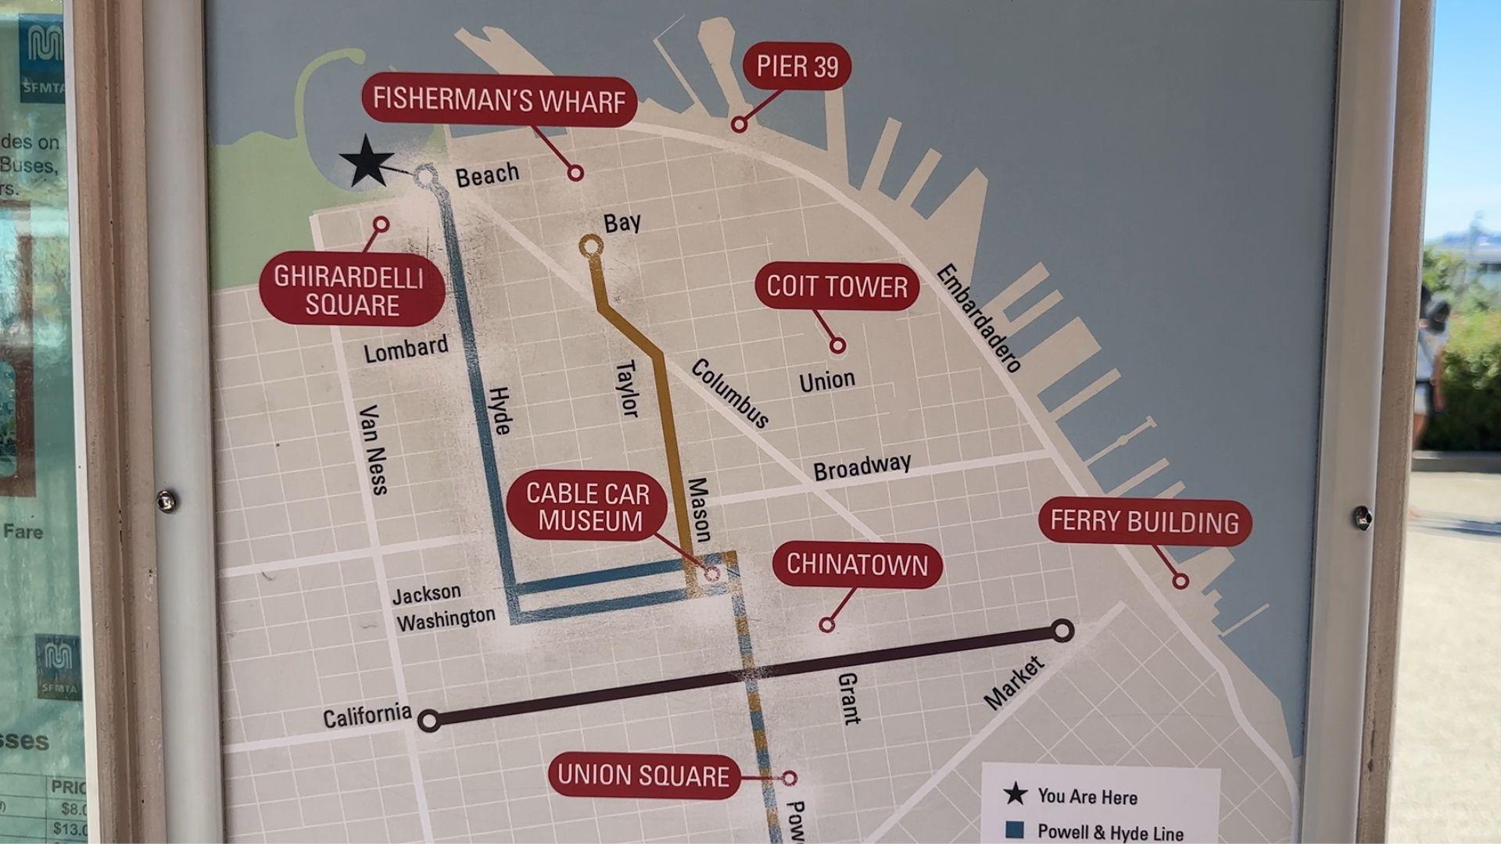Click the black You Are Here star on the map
pos(366,162)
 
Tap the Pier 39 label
pos(797,67)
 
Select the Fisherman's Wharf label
pos(499,101)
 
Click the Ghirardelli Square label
pos(351,290)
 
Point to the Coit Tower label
pos(836,287)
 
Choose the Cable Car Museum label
pos(587,507)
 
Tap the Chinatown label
pos(857,565)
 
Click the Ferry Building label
pos(1145,522)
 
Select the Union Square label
pos(643,776)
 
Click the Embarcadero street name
pos(979,318)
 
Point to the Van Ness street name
pos(373,450)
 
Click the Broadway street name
pos(862,467)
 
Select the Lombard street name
pos(406,349)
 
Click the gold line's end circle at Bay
pos(591,247)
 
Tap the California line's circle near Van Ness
pos(428,720)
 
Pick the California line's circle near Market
pos(1062,631)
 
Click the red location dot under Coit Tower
pos(837,345)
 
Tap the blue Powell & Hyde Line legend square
pos(1015,830)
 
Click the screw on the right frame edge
pos(1362,517)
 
